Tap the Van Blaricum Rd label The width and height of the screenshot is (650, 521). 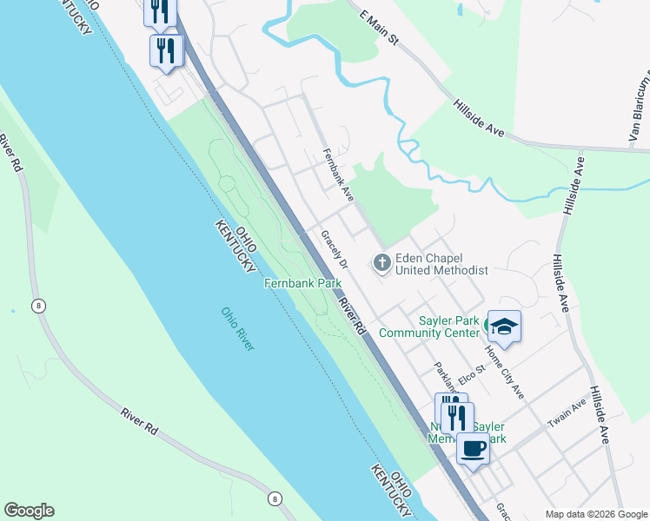[639, 109]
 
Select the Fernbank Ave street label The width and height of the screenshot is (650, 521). [337, 176]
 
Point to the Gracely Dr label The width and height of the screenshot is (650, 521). [334, 249]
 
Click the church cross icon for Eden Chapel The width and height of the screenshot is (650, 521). [381, 261]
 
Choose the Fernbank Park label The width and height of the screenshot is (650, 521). [302, 283]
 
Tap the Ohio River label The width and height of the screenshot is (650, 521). [237, 329]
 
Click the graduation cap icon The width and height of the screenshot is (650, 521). [504, 326]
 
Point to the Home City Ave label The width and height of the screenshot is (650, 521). [504, 372]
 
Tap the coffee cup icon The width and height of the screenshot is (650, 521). [473, 448]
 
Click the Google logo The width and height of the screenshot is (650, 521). [29, 511]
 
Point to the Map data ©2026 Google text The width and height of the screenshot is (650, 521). [596, 514]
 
